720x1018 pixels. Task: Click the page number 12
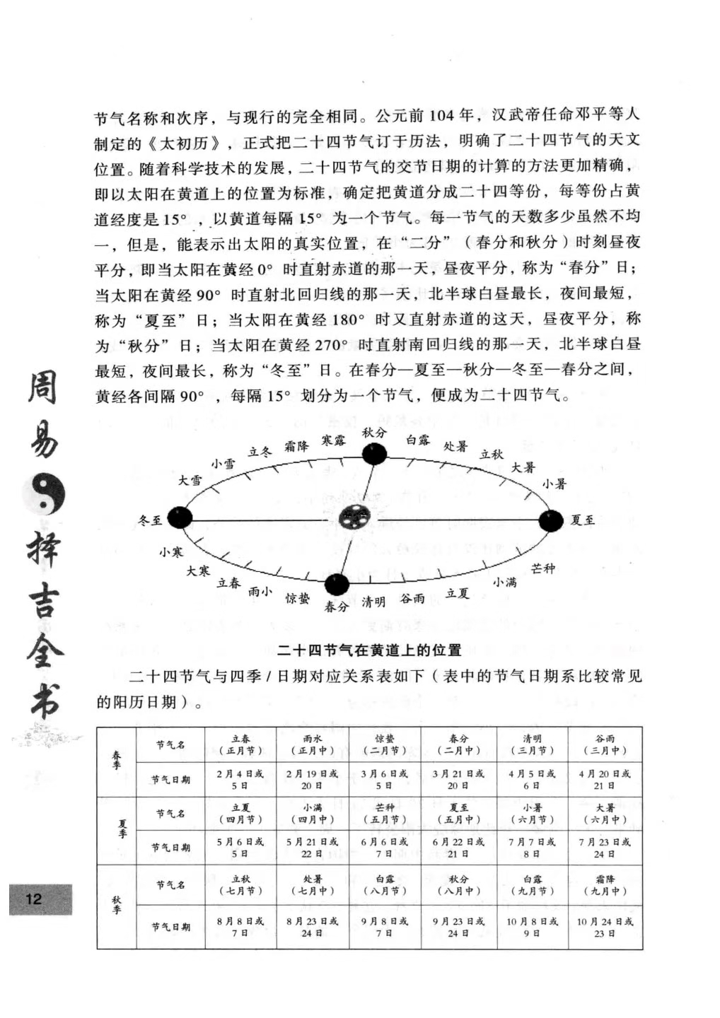pyautogui.click(x=34, y=899)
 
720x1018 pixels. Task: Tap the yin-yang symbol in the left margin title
pyautogui.click(x=45, y=493)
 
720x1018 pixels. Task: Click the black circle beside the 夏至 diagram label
pyautogui.click(x=551, y=521)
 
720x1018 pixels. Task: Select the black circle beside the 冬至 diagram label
pyautogui.click(x=180, y=517)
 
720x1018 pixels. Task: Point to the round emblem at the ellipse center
pyautogui.click(x=352, y=518)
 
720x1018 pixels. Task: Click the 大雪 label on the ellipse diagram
pyautogui.click(x=190, y=481)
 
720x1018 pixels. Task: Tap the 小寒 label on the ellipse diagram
pyautogui.click(x=171, y=551)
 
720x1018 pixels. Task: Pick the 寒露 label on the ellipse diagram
pyautogui.click(x=334, y=440)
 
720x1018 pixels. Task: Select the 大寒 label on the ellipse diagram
pyautogui.click(x=198, y=571)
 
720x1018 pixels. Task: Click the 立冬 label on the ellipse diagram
pyautogui.click(x=260, y=452)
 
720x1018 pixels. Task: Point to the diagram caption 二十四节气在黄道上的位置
pyautogui.click(x=369, y=650)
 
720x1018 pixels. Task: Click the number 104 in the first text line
pyautogui.click(x=441, y=115)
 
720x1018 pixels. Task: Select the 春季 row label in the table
pyautogui.click(x=117, y=761)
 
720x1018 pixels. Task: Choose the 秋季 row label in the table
pyautogui.click(x=117, y=905)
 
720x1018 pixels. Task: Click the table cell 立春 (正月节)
pyautogui.click(x=240, y=744)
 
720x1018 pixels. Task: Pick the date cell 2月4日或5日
pyautogui.click(x=240, y=779)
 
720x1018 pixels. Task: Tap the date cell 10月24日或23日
pyautogui.click(x=605, y=927)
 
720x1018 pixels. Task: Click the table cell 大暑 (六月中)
pyautogui.click(x=605, y=814)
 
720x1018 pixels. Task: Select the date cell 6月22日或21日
pyautogui.click(x=458, y=848)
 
